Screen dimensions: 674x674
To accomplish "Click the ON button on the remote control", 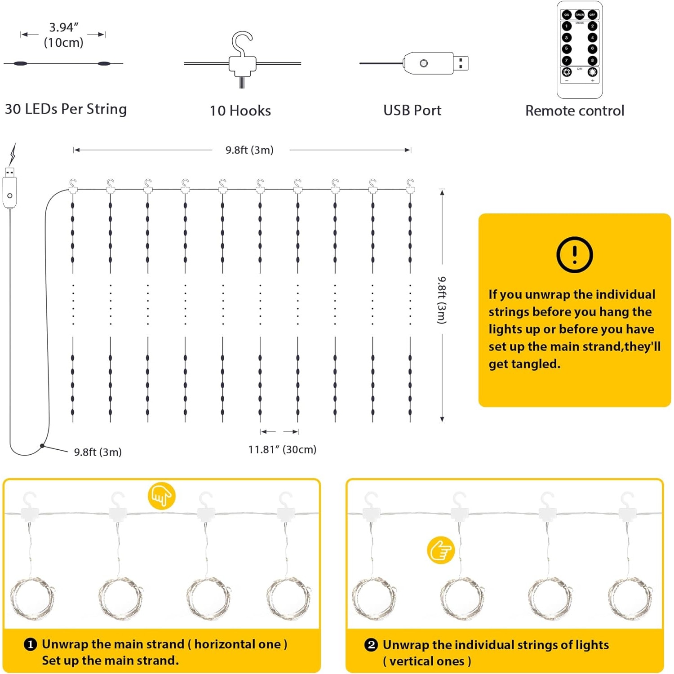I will (567, 15).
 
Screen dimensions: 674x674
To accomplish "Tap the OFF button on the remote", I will (592, 15).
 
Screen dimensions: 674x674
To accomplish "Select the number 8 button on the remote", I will (592, 60).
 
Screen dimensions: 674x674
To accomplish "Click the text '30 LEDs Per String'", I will (66, 109).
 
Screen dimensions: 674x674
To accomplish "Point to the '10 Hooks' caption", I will (240, 111).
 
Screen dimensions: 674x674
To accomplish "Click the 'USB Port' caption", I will (412, 110).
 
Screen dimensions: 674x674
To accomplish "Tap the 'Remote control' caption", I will (575, 111).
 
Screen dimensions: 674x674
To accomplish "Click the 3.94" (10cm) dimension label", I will (63, 35).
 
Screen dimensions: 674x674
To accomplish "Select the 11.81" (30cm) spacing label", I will (282, 449).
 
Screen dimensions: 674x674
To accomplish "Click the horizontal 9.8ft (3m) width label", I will (249, 150).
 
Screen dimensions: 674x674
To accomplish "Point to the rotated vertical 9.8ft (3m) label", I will (442, 300).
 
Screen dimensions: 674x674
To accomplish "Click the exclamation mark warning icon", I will (574, 254).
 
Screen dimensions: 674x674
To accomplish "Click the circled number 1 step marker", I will (30, 644).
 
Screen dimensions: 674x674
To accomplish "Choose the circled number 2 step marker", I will (371, 645).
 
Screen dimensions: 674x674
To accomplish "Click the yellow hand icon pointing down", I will (161, 496).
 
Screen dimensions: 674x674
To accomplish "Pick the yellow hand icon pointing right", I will (440, 550).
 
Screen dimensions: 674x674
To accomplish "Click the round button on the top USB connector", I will (423, 63).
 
